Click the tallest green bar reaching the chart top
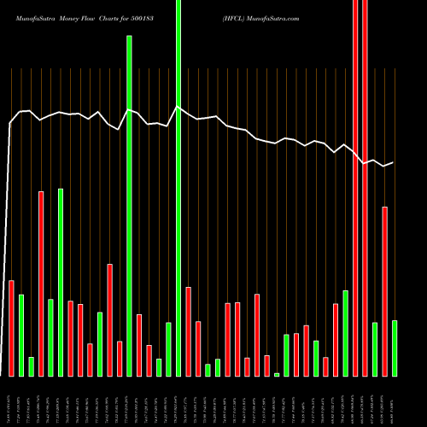point(178,188)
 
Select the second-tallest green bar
point(129,205)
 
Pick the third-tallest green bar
point(61,282)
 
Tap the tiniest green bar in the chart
point(277,374)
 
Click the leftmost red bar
point(12,328)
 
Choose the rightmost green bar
point(395,348)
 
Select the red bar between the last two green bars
point(385,290)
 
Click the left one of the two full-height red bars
point(355,188)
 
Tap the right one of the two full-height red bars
point(366,188)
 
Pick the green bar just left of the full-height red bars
point(346,333)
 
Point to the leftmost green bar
point(21,335)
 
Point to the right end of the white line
point(393,162)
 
